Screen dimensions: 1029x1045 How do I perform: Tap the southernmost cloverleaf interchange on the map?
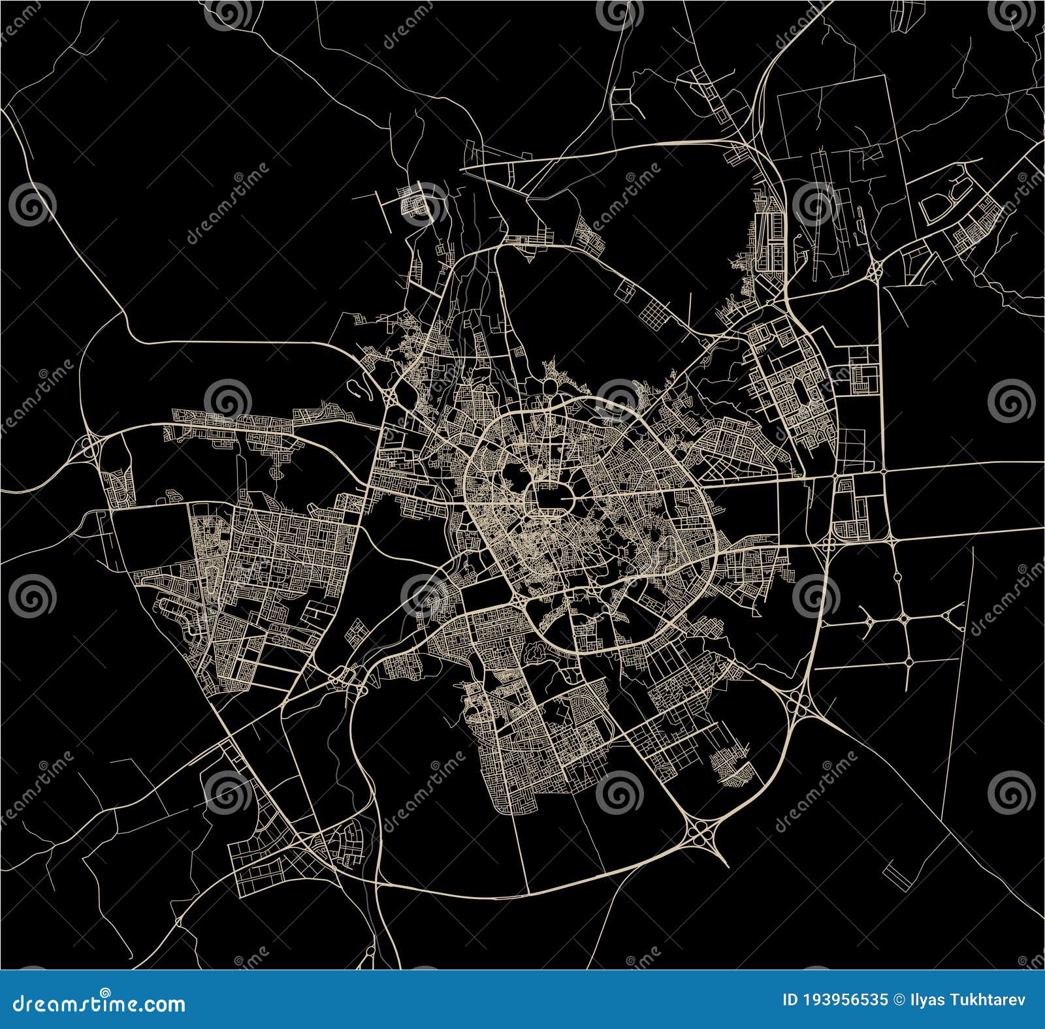coord(703,833)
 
